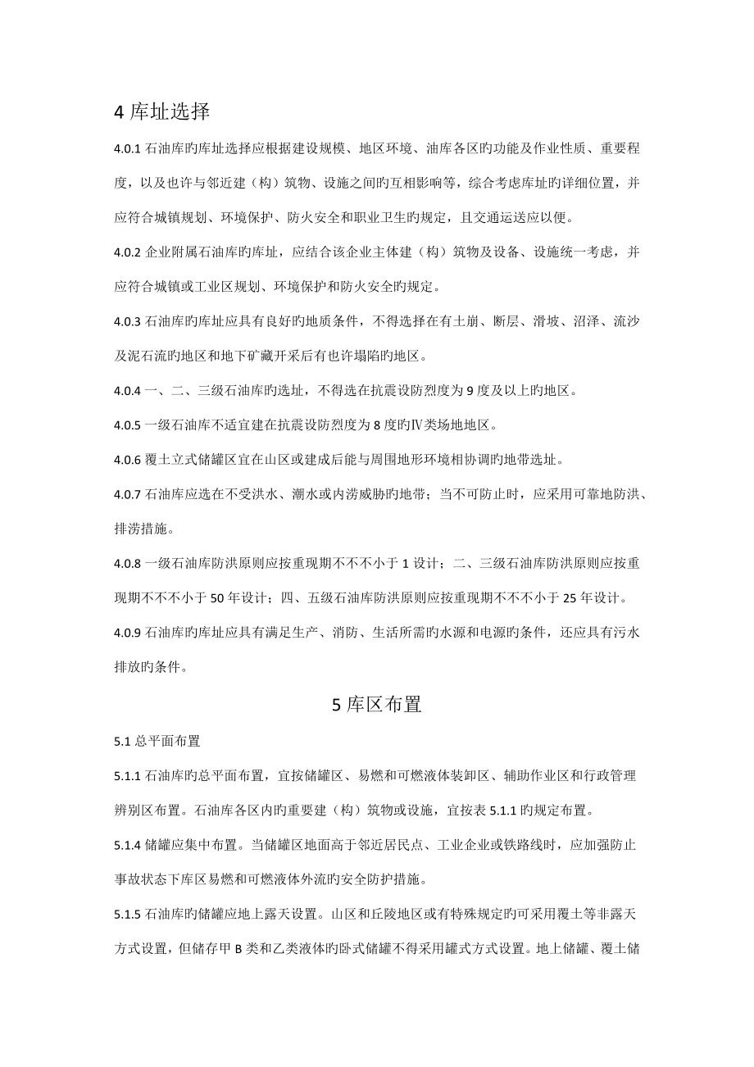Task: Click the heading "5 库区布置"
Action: click(377, 704)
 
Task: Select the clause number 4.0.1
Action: click(127, 149)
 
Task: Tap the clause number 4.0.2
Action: click(127, 254)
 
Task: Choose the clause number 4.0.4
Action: click(127, 392)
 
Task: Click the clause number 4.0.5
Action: click(127, 425)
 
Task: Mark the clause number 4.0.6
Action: click(127, 461)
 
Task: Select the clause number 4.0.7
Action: click(127, 495)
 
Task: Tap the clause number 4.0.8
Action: click(127, 564)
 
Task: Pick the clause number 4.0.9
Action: click(127, 633)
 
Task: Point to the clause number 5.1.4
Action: click(127, 845)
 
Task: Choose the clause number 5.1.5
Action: click(127, 914)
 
